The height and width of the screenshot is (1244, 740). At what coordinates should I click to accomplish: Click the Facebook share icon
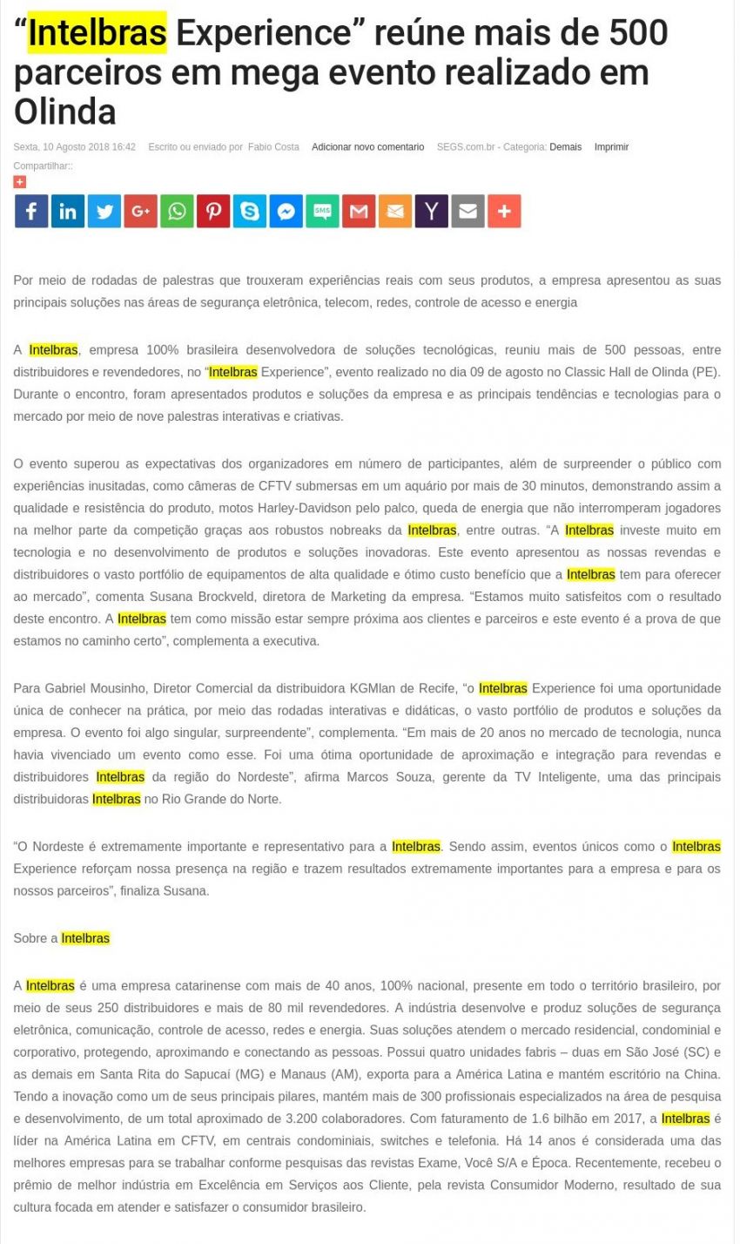pos(31,211)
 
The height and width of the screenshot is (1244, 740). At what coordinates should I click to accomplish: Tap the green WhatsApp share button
pos(177,211)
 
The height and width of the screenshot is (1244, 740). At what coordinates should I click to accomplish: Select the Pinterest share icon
pos(213,211)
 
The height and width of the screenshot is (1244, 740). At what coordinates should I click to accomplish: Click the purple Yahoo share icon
pos(431,211)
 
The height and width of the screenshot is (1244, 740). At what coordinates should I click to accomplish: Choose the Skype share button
pos(250,211)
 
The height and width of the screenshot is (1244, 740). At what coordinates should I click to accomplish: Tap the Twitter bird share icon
pos(104,211)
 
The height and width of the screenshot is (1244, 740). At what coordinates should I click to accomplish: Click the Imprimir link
pos(611,147)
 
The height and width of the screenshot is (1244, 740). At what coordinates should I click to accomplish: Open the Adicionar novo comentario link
pos(367,147)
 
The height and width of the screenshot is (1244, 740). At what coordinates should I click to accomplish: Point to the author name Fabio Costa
pos(273,147)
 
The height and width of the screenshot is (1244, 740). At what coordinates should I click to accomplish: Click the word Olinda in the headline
pos(64,112)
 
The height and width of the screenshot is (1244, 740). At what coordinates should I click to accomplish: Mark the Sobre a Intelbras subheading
pos(61,938)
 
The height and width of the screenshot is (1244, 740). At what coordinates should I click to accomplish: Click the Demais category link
pos(565,147)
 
